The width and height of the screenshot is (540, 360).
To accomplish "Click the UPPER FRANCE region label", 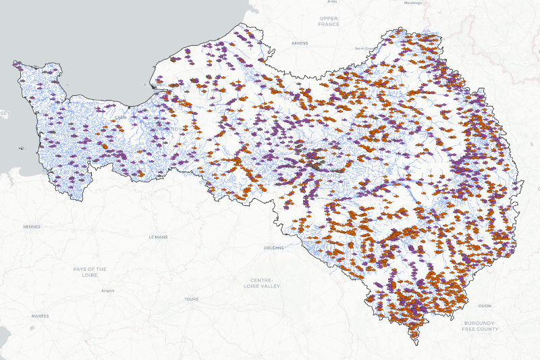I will tap(329, 21).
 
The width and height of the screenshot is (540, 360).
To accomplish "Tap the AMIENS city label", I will tap(300, 43).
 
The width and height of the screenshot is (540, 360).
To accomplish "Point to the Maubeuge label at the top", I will tap(412, 3).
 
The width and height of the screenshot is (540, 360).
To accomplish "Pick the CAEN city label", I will tap(120, 117).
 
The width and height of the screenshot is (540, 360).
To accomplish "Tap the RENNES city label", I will tap(31, 227).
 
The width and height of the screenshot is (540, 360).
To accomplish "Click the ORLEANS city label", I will tap(273, 248).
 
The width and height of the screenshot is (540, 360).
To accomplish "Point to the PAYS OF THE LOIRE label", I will tap(90, 272).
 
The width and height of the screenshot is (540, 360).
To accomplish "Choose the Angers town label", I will tap(107, 291).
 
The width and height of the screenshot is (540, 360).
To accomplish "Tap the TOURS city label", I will tap(192, 299).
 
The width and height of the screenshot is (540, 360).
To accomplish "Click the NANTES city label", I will tap(40, 316).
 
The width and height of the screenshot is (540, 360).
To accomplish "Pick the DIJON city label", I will tap(485, 306).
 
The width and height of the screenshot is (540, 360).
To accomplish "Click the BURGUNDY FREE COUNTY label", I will tap(480, 326).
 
